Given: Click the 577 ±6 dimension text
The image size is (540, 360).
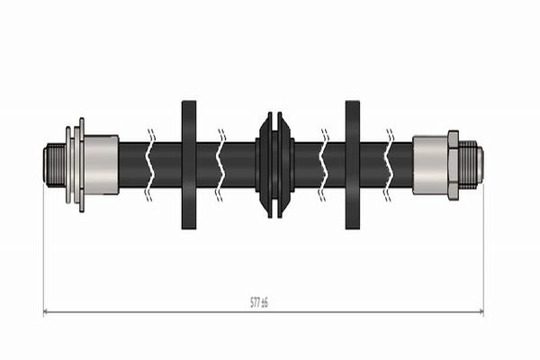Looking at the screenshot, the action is (258, 302).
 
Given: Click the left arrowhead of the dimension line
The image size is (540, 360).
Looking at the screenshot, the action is (46, 312).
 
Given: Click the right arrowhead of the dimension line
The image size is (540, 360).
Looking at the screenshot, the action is (481, 312).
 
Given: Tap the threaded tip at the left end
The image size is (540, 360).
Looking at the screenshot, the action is (54, 165).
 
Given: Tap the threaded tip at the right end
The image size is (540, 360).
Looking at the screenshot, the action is (471, 165).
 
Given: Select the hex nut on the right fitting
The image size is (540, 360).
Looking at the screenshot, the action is (454, 165).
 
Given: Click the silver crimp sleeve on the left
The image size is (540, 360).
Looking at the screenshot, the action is (101, 165).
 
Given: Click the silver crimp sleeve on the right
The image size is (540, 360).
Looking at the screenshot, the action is (430, 165).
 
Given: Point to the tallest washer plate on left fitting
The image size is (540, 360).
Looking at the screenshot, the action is (82, 165).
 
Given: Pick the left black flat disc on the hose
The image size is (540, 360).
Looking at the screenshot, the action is (189, 165).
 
